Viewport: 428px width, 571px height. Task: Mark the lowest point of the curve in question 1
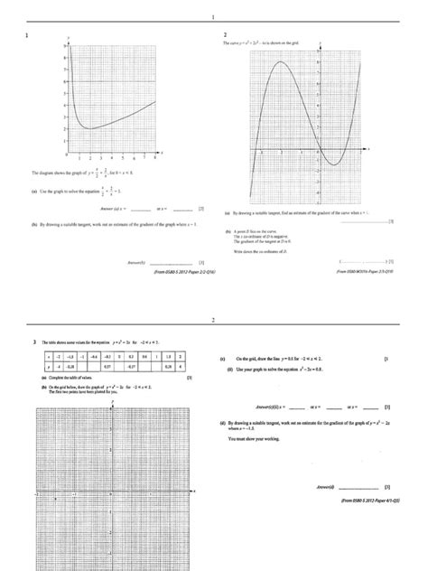click(x=91, y=128)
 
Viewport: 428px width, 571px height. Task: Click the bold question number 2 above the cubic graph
click(x=225, y=35)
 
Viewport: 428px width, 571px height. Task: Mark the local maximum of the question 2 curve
click(x=281, y=62)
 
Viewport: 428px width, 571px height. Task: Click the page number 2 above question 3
click(x=214, y=320)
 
